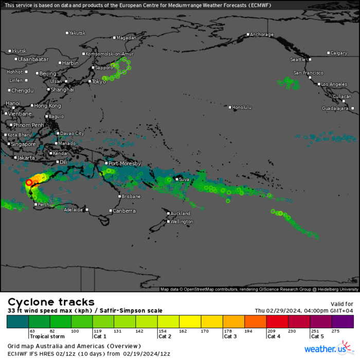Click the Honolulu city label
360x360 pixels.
click(242, 107)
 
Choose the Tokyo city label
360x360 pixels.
click(99, 81)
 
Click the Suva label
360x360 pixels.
click(184, 179)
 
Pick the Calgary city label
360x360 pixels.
click(339, 53)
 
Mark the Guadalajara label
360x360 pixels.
click(335, 109)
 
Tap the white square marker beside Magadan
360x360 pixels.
click(115, 38)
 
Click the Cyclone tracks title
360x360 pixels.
click(51, 302)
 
